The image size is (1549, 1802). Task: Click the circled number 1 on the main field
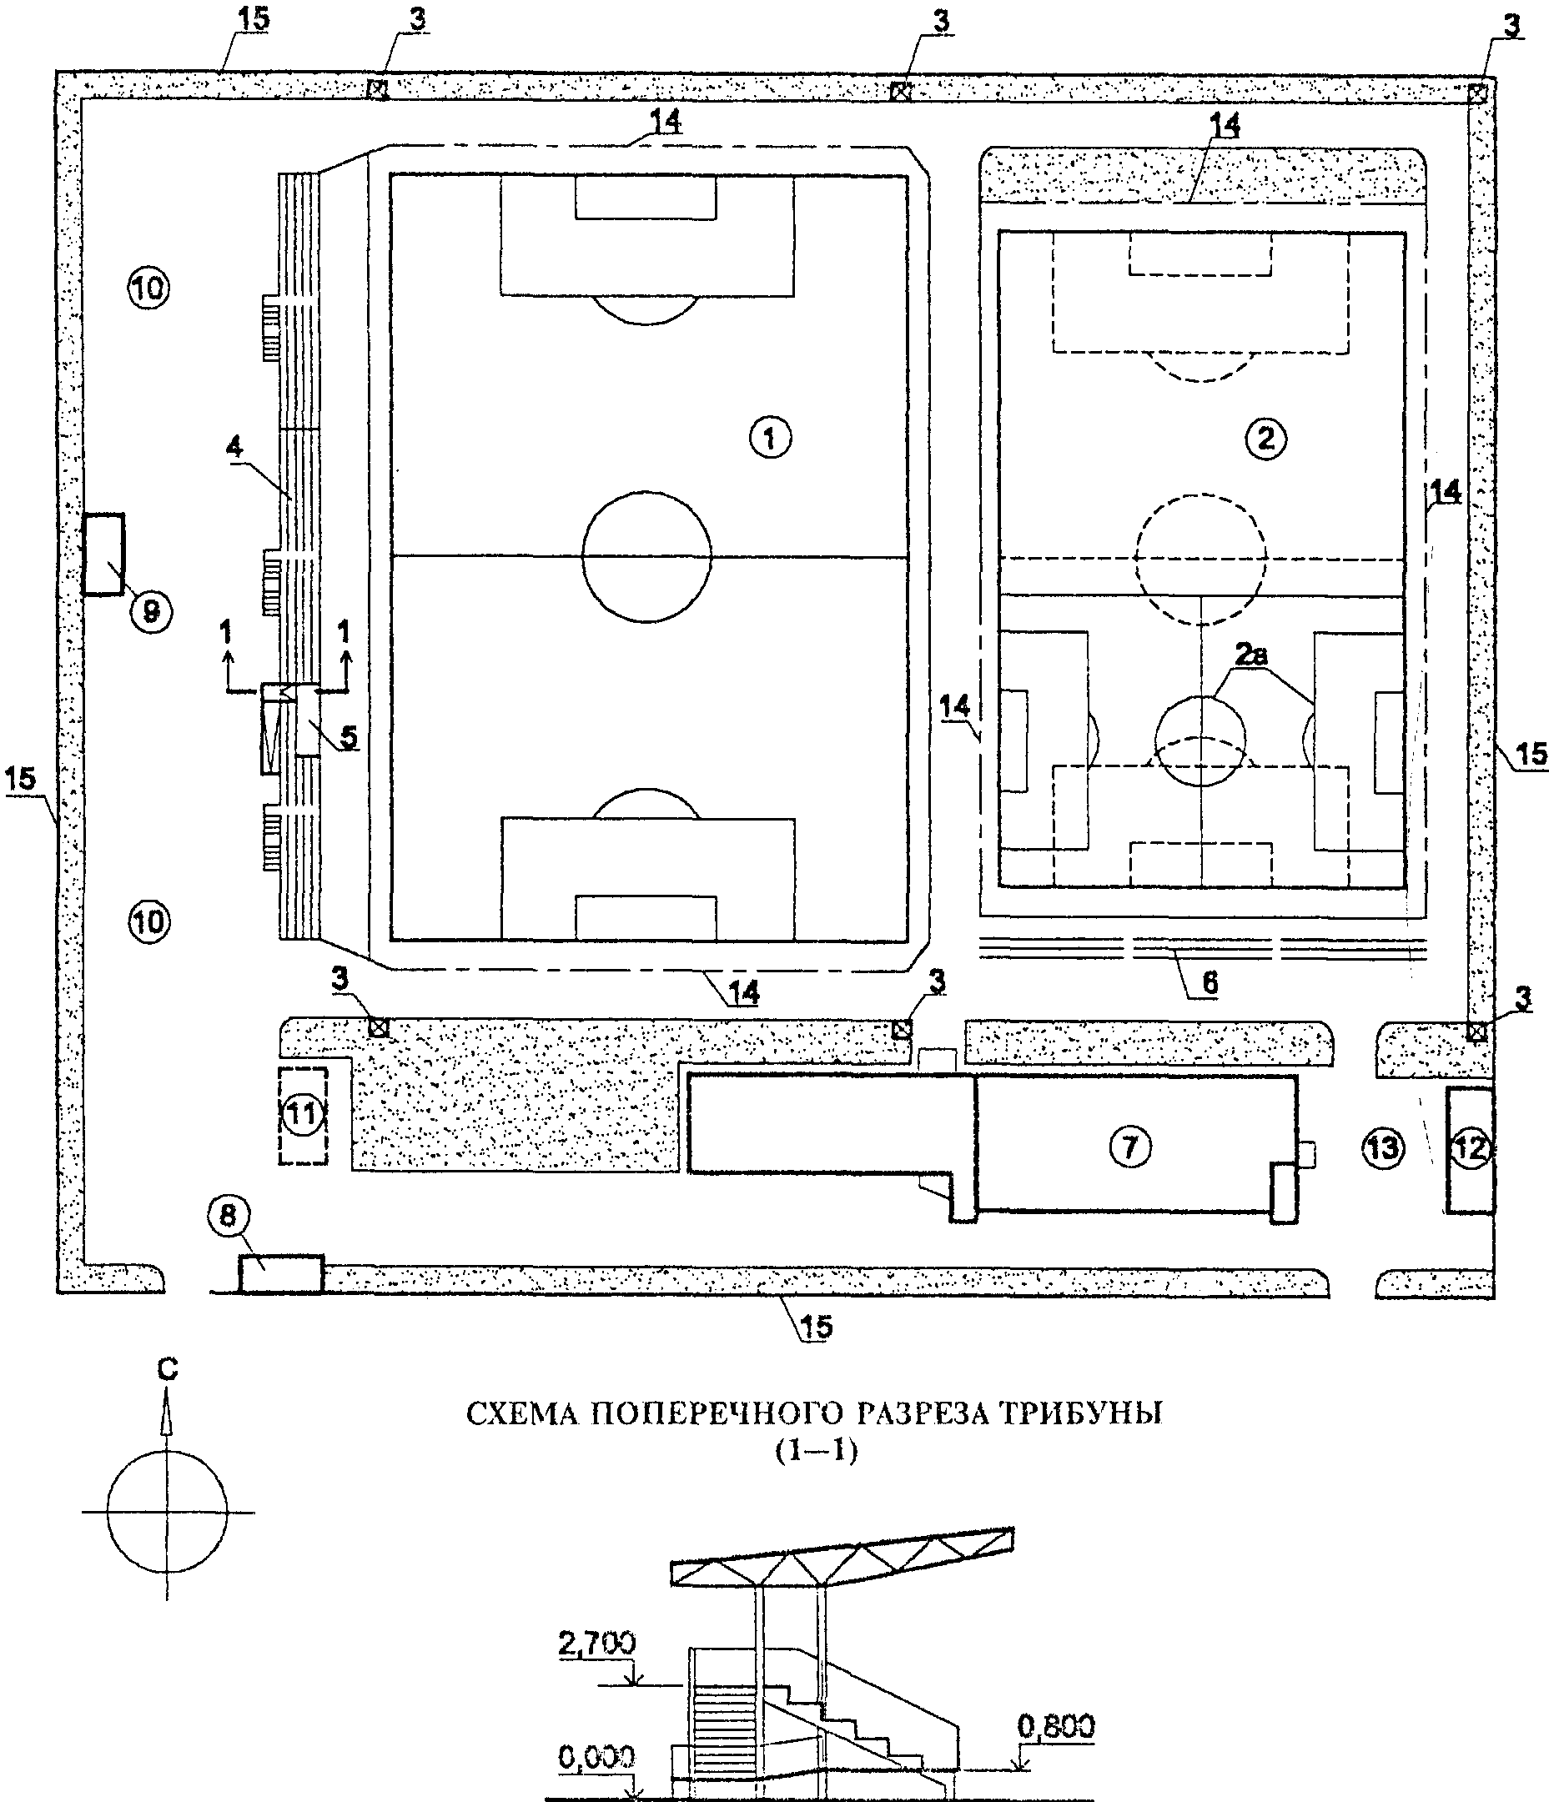pos(771,438)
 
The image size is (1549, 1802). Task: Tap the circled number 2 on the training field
pos(1265,438)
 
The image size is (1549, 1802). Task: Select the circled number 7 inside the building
pos(1129,1147)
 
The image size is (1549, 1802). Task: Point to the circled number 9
pos(151,612)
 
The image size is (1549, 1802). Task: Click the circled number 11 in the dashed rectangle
pos(303,1114)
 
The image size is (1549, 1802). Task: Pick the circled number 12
pos(1470,1149)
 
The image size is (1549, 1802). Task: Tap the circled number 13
pos(1383,1148)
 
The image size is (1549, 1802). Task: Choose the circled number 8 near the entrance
pos(228,1215)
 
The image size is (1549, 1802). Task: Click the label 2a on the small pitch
pos(1250,654)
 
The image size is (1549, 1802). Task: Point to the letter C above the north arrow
pos(167,1369)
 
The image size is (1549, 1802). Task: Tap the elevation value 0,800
pos(1056,1726)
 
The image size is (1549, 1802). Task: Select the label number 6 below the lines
pos(1210,983)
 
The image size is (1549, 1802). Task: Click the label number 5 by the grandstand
pos(348,736)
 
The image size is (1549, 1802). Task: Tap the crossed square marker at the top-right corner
pos(1476,93)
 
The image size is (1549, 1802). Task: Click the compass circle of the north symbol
pos(108,1512)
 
